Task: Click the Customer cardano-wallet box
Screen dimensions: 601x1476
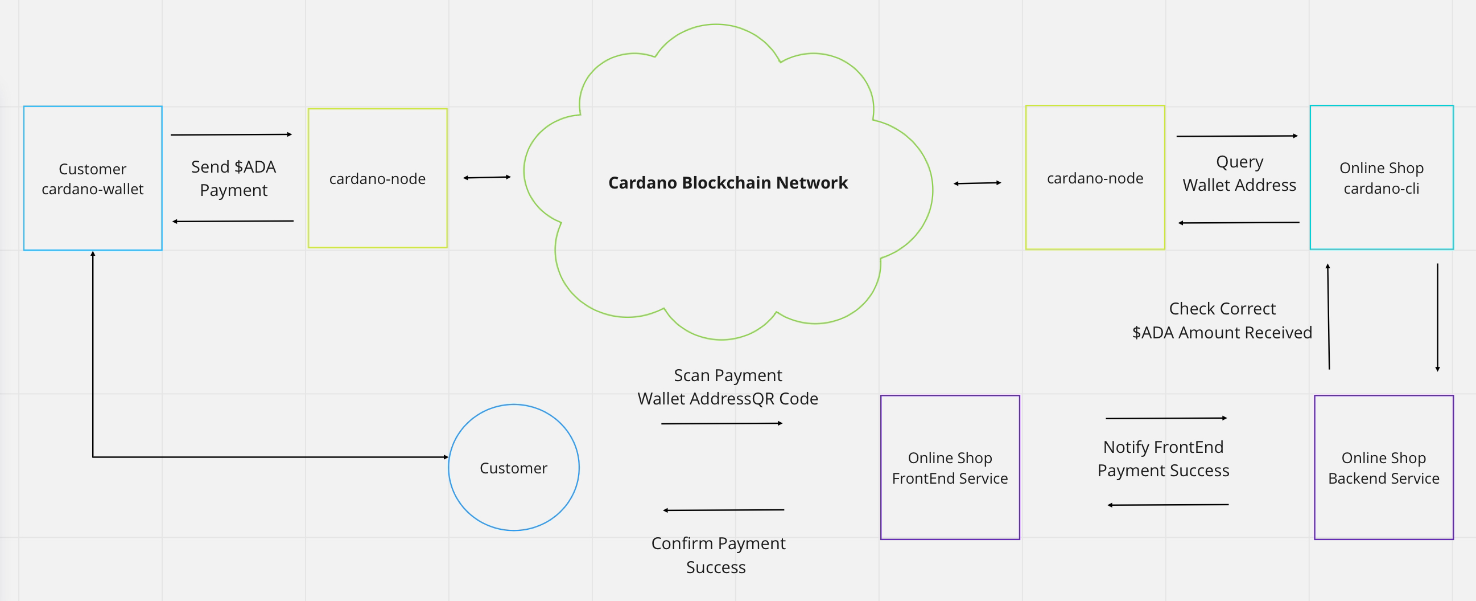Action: coord(92,178)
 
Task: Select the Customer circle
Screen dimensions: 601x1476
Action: coord(513,468)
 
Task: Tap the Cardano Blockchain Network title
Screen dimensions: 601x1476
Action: coord(728,183)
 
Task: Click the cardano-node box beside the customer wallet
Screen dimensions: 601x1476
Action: coord(378,178)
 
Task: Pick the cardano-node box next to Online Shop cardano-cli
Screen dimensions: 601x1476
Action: coord(1095,178)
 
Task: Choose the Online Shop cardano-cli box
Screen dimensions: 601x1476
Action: coord(1382,178)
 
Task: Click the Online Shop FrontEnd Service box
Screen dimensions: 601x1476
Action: coord(950,468)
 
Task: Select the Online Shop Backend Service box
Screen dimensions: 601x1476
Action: coord(1384,468)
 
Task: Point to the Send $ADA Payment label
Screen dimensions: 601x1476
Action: coord(234,178)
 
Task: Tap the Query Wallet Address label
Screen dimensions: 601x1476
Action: coord(1239,174)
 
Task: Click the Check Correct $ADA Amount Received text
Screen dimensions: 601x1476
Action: coord(1222,321)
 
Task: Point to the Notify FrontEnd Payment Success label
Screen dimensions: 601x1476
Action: coord(1163,459)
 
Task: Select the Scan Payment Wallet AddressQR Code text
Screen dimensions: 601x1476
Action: coord(728,387)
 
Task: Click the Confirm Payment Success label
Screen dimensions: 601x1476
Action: coord(718,555)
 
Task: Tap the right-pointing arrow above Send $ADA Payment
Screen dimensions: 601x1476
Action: coord(232,135)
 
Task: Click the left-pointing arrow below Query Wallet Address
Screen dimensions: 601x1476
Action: coord(1239,223)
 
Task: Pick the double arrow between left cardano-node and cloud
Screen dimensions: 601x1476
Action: coord(487,177)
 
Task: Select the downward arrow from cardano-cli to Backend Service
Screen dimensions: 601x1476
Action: coord(1438,317)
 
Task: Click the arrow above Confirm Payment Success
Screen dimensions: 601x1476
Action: coord(724,510)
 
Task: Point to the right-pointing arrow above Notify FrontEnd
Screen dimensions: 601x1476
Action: coord(1166,418)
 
